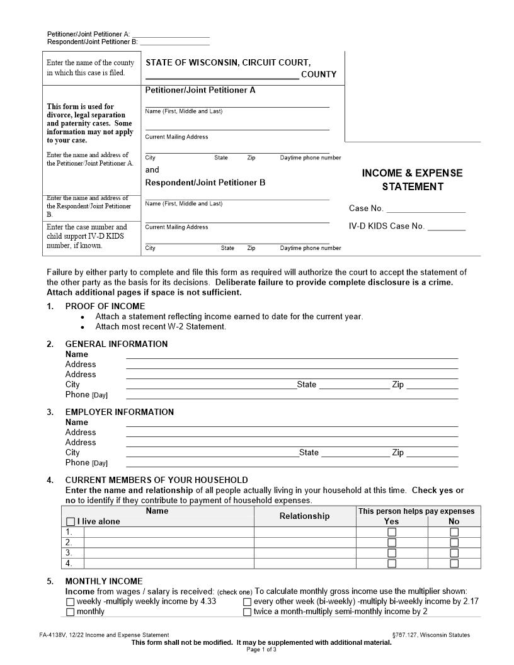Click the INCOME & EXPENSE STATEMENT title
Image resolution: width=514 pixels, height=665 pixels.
pos(412,179)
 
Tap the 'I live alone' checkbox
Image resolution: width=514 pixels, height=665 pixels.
pos(71,521)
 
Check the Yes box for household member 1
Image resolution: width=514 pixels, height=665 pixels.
pos(392,532)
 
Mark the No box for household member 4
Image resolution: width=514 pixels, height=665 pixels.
pos(454,564)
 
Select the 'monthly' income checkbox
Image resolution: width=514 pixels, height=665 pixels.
pos(71,611)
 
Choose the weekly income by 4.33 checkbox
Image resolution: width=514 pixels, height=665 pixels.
pos(71,601)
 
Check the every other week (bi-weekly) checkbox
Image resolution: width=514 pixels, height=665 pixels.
pos(248,601)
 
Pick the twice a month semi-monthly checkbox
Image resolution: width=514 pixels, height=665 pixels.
pos(248,611)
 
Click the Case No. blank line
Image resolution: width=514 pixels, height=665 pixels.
pos(426,210)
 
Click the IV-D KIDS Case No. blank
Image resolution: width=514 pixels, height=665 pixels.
pos(447,227)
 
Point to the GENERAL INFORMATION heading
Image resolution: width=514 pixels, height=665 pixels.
pos(117,344)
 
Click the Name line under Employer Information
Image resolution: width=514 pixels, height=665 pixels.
pos(292,423)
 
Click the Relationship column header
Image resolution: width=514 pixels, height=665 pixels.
pos(304,516)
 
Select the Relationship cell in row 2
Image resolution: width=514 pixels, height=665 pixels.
pos(305,542)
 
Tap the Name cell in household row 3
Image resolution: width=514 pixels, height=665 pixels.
pos(169,553)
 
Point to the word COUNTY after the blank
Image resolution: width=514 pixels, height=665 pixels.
pos(319,74)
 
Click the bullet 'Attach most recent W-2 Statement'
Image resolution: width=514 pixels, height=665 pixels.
pos(161,326)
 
